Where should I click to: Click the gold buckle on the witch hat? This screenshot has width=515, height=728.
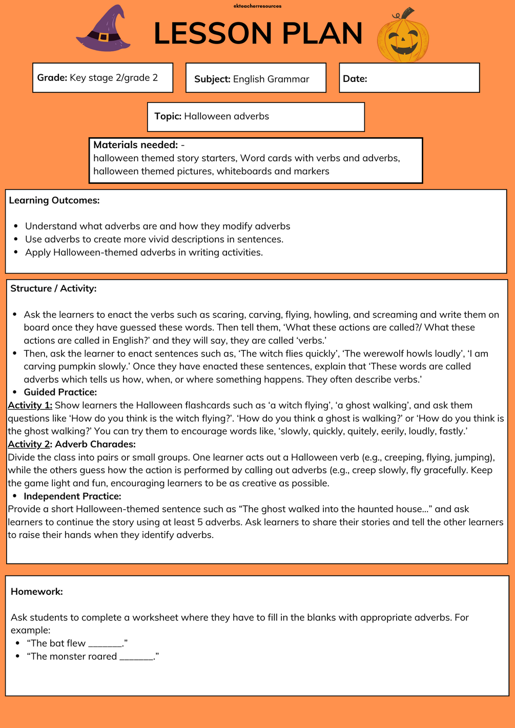click(x=104, y=37)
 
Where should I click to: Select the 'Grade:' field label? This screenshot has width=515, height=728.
click(x=52, y=78)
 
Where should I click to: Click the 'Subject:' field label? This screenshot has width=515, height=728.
click(x=212, y=79)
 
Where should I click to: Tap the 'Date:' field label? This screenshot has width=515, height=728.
click(x=355, y=79)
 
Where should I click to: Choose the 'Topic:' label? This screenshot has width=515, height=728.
click(x=168, y=116)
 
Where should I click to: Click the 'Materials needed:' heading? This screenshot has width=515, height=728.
click(x=135, y=145)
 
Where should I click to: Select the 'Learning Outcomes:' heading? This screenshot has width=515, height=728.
click(x=54, y=200)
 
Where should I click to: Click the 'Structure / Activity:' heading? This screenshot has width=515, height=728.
click(x=53, y=288)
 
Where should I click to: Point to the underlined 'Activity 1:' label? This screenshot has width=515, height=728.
click(x=30, y=405)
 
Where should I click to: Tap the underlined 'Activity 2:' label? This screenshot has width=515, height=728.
click(x=30, y=444)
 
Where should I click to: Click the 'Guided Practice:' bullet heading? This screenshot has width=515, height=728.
click(x=60, y=392)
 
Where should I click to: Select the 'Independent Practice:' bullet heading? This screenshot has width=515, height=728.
click(x=72, y=496)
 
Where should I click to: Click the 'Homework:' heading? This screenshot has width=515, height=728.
click(x=37, y=592)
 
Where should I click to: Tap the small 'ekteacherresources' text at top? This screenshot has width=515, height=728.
click(x=257, y=6)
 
